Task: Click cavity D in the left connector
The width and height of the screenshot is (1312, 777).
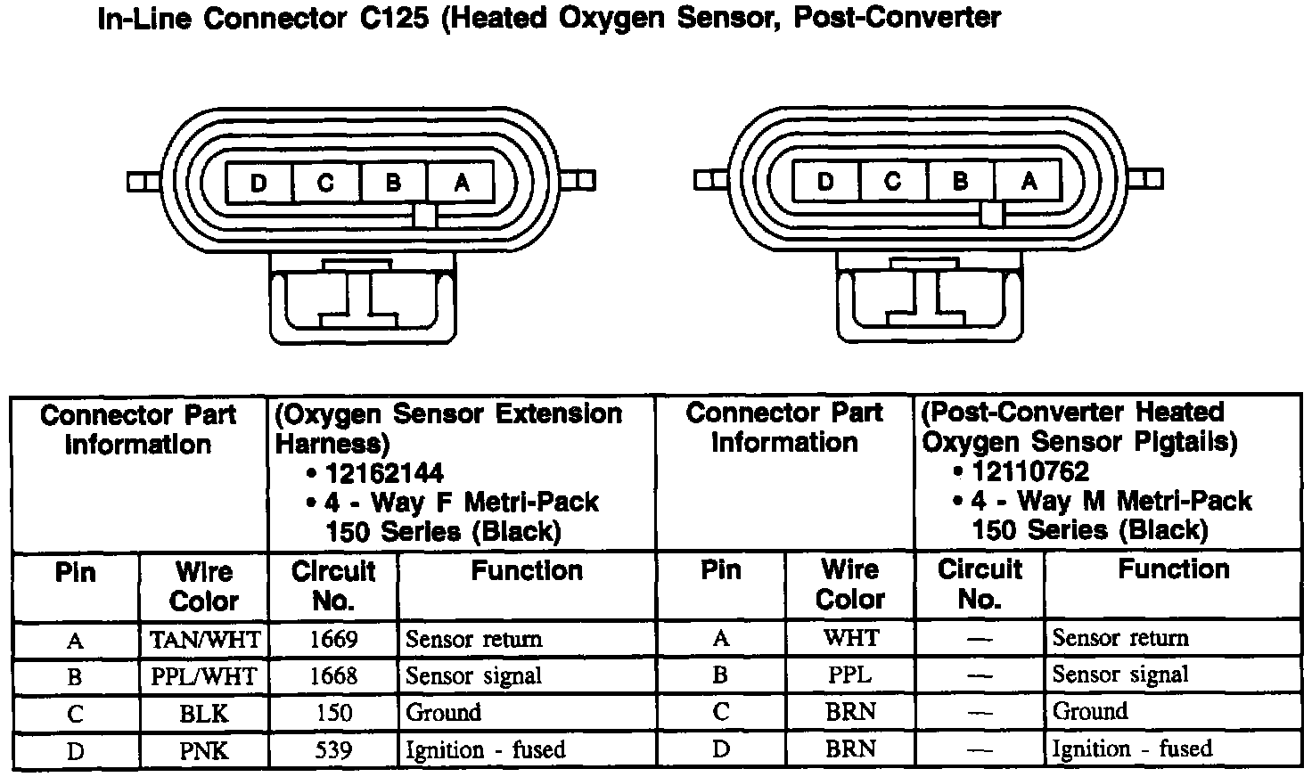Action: [258, 184]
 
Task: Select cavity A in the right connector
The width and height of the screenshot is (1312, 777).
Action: [1029, 181]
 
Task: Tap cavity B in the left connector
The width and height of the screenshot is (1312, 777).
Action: [393, 184]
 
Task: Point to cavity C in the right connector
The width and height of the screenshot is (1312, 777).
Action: [893, 181]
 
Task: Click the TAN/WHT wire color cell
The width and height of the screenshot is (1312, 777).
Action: [204, 640]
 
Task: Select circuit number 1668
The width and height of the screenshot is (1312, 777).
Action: [333, 676]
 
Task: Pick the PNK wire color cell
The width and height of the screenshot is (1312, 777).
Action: [204, 751]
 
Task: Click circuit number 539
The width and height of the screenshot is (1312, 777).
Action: [333, 750]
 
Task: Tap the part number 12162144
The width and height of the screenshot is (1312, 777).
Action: [384, 473]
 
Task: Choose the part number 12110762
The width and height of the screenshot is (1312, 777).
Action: [1030, 471]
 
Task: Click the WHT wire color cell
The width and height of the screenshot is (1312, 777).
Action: [850, 638]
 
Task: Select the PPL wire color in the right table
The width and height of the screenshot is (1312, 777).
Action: [850, 675]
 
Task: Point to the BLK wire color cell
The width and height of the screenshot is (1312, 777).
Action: [204, 714]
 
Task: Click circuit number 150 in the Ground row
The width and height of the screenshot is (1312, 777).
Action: [333, 714]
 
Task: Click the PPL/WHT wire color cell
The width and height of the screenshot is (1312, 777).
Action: [204, 677]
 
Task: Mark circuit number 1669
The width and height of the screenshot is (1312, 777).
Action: [333, 640]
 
